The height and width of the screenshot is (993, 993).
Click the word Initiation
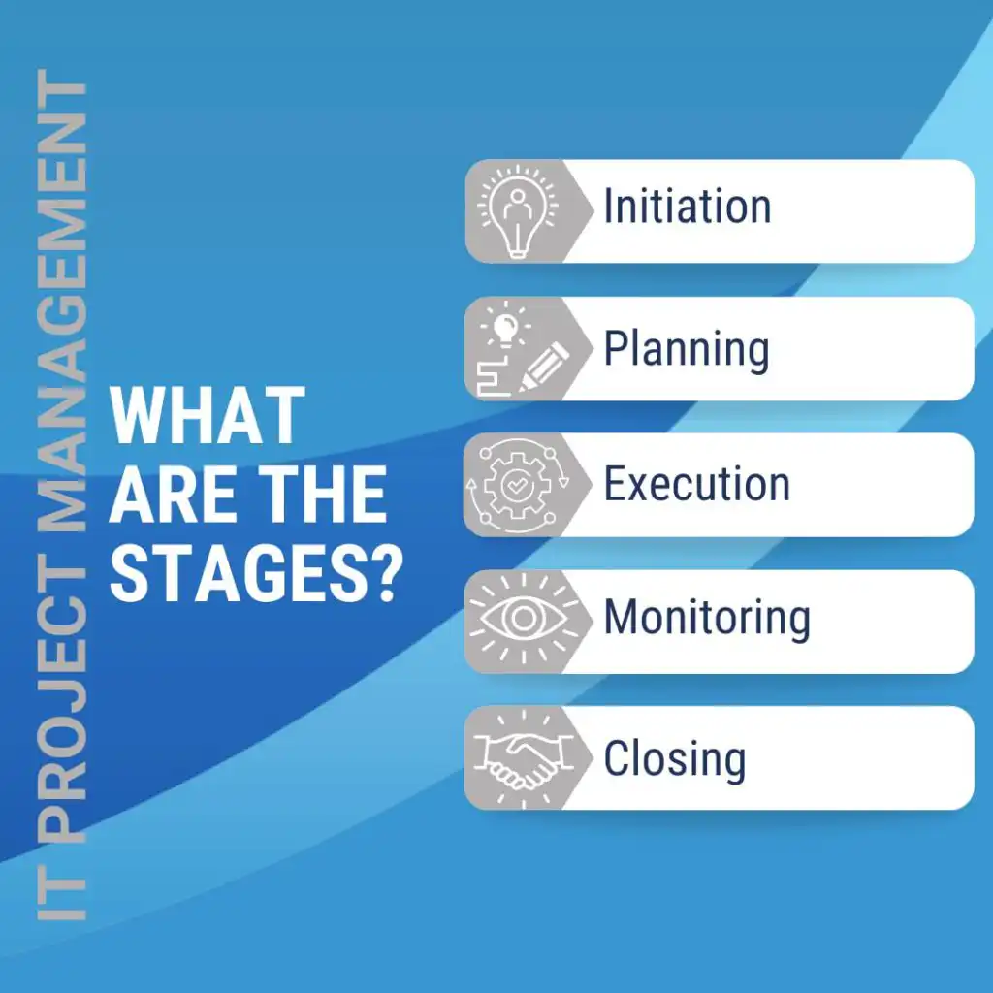pyautogui.click(x=687, y=207)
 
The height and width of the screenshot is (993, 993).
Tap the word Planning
pyautogui.click(x=687, y=348)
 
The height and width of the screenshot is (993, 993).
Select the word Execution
pyautogui.click(x=696, y=484)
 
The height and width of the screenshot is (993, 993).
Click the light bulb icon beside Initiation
pyautogui.click(x=516, y=210)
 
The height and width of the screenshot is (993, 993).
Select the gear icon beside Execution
pyautogui.click(x=514, y=485)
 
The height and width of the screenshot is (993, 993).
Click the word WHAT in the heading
pyautogui.click(x=208, y=416)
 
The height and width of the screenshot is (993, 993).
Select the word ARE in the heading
pyautogui.click(x=169, y=496)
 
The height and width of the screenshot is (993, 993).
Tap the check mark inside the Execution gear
pyautogui.click(x=514, y=485)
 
